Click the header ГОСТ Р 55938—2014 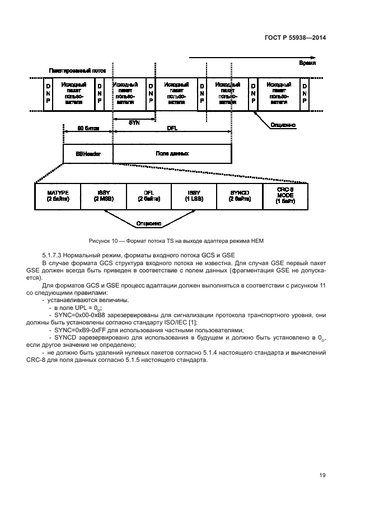pyautogui.click(x=295, y=38)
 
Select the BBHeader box pyautogui.click(x=88, y=153)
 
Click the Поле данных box pyautogui.click(x=172, y=153)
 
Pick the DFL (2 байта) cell pyautogui.click(x=149, y=196)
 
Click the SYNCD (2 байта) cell pyautogui.click(x=240, y=196)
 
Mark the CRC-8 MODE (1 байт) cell pyautogui.click(x=285, y=196)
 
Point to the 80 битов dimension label pyautogui.click(x=88, y=128)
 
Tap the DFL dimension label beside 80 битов pyautogui.click(x=172, y=128)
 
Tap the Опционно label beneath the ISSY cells pyautogui.click(x=149, y=224)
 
